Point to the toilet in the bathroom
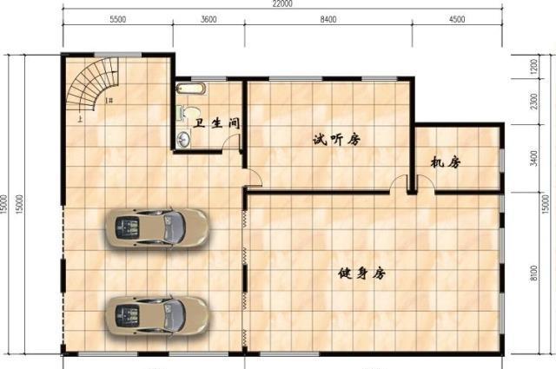coord(183,113)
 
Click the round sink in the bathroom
coord(184,139)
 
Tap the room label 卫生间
coord(216,124)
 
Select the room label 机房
coord(445,161)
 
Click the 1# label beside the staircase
coord(109,102)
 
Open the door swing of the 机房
coord(422,183)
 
